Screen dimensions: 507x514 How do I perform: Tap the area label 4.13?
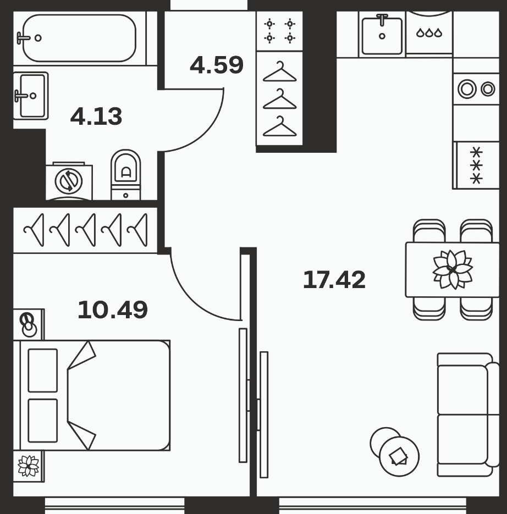point(96,116)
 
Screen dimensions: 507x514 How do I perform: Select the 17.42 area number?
point(334,280)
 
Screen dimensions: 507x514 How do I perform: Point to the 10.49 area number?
point(113,310)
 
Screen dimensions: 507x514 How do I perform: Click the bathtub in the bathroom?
point(80,38)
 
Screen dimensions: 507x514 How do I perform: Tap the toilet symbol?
point(125,175)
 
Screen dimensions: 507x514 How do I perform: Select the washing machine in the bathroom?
point(69,181)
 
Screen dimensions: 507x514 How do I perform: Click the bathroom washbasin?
point(31,96)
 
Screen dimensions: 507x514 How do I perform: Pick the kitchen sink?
point(382,35)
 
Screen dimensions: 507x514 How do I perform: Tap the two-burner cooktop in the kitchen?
point(476,89)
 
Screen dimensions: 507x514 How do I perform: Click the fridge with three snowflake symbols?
point(476,165)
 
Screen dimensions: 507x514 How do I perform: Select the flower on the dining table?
point(453,270)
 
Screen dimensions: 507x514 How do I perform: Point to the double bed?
point(92,395)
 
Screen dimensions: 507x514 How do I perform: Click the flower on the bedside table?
point(29,466)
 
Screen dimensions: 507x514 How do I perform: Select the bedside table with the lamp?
point(29,324)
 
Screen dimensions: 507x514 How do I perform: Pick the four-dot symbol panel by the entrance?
point(279,31)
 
